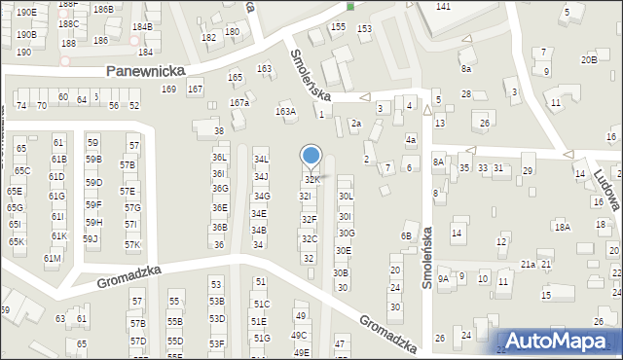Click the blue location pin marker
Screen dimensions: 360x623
[311, 156]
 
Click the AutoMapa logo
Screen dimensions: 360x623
[559, 341]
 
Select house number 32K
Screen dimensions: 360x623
[311, 180]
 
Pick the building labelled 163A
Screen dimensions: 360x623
[285, 112]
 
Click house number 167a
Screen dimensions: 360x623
[238, 102]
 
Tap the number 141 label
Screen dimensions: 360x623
[443, 7]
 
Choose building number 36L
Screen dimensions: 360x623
[219, 157]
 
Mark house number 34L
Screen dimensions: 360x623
[260, 159]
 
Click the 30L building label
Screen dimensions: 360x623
[345, 196]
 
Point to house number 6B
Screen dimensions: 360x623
[406, 236]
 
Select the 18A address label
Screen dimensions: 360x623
[562, 227]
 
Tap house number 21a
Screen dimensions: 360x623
[528, 264]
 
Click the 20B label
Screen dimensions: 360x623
[588, 60]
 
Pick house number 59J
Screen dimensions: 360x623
[90, 238]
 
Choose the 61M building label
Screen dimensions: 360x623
[53, 258]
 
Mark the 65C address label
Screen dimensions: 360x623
[21, 171]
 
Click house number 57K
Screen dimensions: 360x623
[131, 244]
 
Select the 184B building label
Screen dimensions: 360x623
[141, 27]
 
